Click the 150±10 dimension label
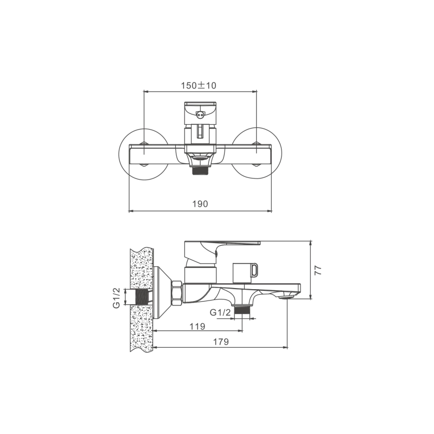pyautogui.click(x=199, y=86)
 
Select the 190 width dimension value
pyautogui.click(x=200, y=204)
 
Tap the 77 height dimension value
pyautogui.click(x=318, y=270)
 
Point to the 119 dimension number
pyautogui.click(x=197, y=327)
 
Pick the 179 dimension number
pyautogui.click(x=221, y=342)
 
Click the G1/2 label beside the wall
pyautogui.click(x=117, y=297)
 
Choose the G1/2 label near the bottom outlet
pyautogui.click(x=220, y=313)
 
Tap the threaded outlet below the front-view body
pyautogui.click(x=200, y=170)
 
